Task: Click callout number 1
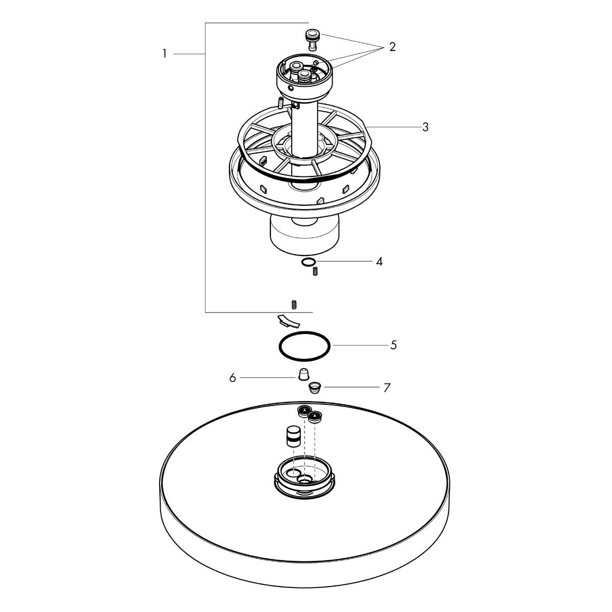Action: (x=165, y=54)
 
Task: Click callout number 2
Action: (x=392, y=47)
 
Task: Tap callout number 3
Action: (x=425, y=126)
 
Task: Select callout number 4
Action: (x=379, y=262)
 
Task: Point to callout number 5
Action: (x=393, y=345)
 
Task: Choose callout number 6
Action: (x=233, y=378)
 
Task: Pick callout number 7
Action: (x=387, y=388)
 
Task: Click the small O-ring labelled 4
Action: (x=307, y=262)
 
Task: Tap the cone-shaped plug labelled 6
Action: (x=303, y=374)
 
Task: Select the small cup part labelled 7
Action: (x=315, y=387)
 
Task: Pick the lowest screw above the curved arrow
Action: (x=295, y=305)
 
